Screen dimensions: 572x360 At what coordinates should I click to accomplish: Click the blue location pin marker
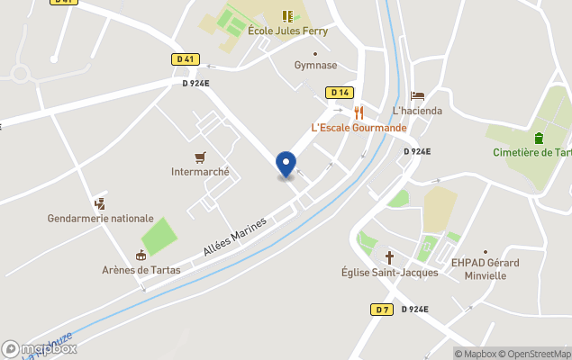(286, 165)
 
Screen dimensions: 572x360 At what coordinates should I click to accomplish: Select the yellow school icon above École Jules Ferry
(287, 15)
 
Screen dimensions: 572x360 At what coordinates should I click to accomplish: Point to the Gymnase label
(315, 65)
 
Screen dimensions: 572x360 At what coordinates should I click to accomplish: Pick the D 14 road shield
(339, 93)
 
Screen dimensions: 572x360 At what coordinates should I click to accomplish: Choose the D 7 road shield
(382, 309)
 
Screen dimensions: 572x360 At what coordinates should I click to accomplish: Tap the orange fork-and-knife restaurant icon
(359, 112)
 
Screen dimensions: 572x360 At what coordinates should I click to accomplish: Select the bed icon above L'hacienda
(417, 95)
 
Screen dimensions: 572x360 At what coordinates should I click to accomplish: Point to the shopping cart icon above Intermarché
(200, 157)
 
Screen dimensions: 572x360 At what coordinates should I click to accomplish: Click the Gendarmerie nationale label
(101, 219)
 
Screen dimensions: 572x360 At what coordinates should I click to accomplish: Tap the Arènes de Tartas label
(141, 270)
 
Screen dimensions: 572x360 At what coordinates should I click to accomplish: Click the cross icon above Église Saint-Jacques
(390, 256)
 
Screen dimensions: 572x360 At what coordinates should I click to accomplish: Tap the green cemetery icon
(539, 138)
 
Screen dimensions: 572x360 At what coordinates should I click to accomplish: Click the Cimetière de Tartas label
(532, 152)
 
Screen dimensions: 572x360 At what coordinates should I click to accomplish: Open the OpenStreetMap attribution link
(535, 354)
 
